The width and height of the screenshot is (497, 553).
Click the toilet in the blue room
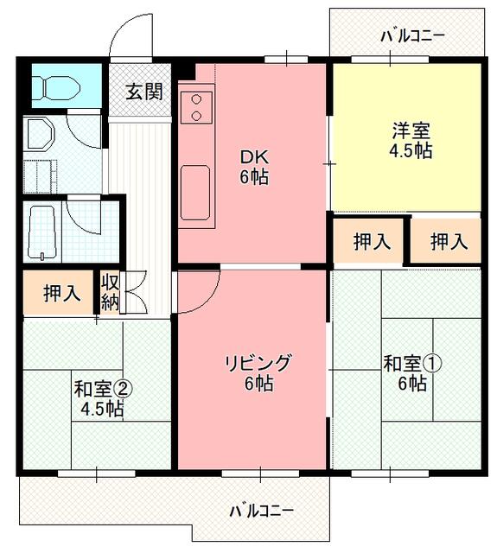coord(59,86)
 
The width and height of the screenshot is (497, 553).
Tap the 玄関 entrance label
coord(144,92)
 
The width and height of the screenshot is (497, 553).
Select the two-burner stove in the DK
coord(196,106)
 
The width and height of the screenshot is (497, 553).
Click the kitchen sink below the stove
coord(195,193)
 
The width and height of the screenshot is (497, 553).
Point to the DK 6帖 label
coord(254,167)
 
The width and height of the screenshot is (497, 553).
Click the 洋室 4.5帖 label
coord(411,141)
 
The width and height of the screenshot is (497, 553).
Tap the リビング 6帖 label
coord(258,373)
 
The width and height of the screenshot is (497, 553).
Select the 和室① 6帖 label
coord(412,373)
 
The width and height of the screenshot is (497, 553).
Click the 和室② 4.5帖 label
coord(102,399)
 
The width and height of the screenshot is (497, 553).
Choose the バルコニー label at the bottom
coord(261,511)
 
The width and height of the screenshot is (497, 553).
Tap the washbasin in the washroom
coord(40,134)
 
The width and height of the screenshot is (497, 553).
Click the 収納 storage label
coord(110,292)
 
